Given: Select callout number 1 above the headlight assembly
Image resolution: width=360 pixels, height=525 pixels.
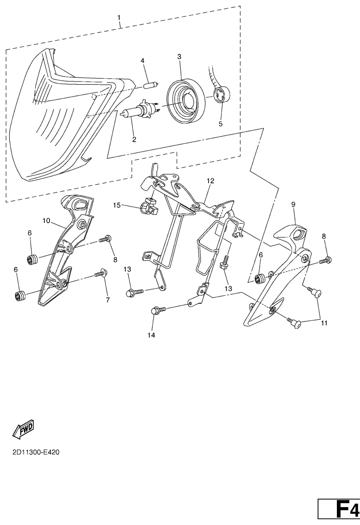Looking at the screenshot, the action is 120,17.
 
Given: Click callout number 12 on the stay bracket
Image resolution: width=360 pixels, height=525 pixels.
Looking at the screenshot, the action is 210,181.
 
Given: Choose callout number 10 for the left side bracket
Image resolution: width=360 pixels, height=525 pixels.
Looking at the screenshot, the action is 46,221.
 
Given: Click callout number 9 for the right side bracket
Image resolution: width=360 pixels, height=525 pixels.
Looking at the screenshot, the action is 293,204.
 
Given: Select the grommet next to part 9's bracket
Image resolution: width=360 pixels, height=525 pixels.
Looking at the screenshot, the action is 260,279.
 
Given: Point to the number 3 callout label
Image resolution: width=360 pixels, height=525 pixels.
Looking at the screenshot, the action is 180,57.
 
